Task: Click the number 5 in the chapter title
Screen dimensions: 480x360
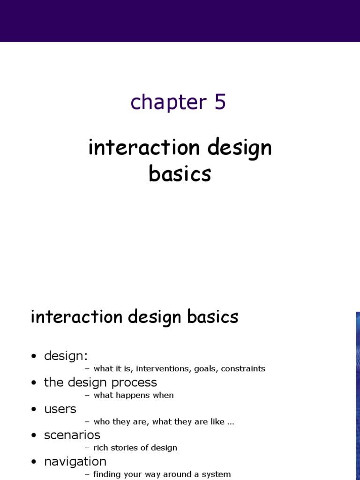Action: [220, 102]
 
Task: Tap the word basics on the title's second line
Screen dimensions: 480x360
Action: [180, 174]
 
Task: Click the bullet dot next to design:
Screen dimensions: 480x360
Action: [33, 357]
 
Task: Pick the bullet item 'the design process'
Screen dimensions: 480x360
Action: [100, 382]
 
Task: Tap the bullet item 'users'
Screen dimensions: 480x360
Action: [60, 409]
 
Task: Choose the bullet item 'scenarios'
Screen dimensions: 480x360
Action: [72, 435]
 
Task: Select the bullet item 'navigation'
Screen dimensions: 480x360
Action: [75, 462]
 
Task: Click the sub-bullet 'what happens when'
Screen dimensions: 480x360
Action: [133, 395]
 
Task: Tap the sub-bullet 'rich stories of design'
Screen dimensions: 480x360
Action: [135, 448]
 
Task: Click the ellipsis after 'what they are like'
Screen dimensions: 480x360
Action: [230, 422]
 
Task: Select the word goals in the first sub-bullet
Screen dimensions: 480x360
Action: [204, 369]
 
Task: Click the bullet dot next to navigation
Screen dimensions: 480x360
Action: [33, 462]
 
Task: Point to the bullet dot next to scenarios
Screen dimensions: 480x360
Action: [33, 436]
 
